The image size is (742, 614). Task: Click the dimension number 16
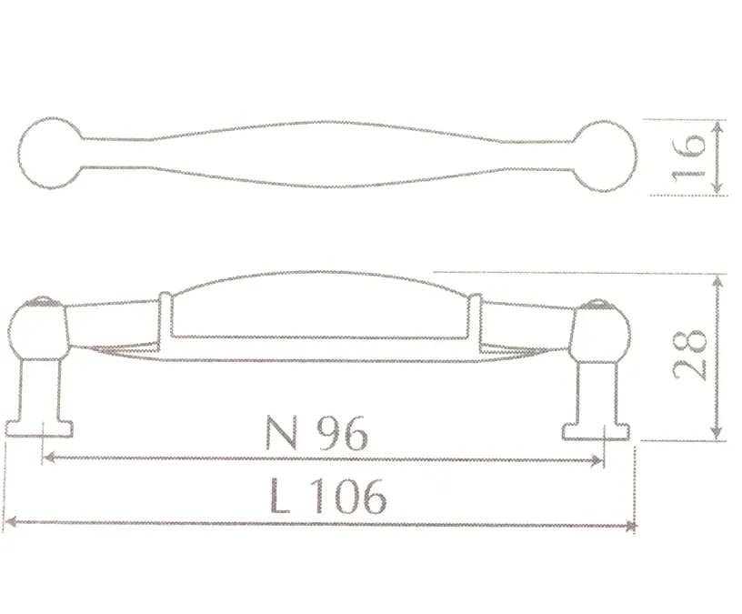pyautogui.click(x=688, y=156)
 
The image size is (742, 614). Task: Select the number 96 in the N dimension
pyautogui.click(x=342, y=433)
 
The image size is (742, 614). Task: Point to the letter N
pyautogui.click(x=281, y=433)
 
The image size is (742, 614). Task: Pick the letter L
pyautogui.click(x=279, y=496)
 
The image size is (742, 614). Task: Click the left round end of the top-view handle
pyautogui.click(x=50, y=154)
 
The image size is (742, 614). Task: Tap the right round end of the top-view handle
pyautogui.click(x=606, y=156)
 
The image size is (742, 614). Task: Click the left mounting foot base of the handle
pyautogui.click(x=39, y=428)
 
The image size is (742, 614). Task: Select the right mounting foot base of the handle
pyautogui.click(x=597, y=431)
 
